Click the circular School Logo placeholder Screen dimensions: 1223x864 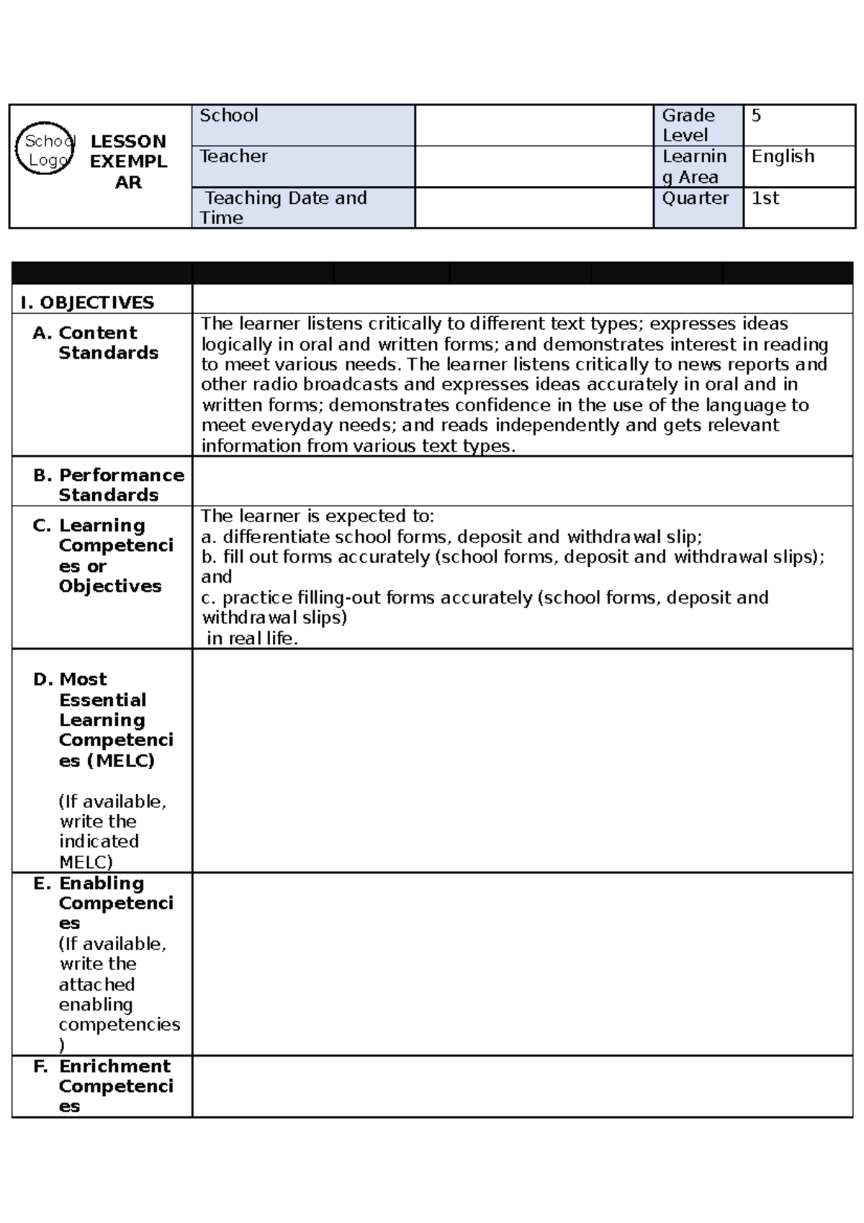(x=45, y=148)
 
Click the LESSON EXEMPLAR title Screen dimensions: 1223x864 (x=128, y=161)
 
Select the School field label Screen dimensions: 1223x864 (x=229, y=115)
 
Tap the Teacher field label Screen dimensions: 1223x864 (x=233, y=156)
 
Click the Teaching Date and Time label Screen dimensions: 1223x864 (x=284, y=207)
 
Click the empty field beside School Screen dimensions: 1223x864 (x=534, y=125)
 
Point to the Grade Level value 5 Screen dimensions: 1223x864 (x=756, y=115)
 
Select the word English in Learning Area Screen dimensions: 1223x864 (x=783, y=156)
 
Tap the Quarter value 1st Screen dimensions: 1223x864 (x=765, y=198)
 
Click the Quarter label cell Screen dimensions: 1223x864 (x=696, y=199)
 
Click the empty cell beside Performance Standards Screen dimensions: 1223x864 (x=522, y=481)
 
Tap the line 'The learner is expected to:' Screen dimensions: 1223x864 (x=318, y=516)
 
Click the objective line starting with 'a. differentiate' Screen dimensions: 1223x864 (x=451, y=537)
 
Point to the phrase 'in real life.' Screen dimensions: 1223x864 (x=252, y=638)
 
